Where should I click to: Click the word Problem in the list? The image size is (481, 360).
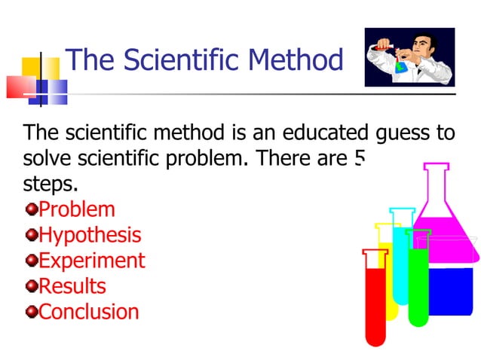pos(77,209)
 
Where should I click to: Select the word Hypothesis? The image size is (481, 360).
pos(90,235)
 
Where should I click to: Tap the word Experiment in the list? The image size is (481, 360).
pos(91,261)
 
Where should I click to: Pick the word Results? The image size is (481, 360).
pos(72,286)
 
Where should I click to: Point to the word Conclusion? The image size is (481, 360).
pos(89,312)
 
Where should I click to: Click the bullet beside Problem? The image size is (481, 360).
pos(31,209)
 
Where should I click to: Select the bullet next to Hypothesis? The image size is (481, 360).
pos(31,235)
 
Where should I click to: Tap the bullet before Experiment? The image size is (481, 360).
pos(31,261)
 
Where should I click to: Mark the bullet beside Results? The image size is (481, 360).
pos(31,286)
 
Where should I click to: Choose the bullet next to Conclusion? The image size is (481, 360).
pos(31,312)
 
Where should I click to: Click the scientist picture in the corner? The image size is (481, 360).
pos(409,57)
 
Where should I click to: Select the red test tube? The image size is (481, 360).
pos(375,301)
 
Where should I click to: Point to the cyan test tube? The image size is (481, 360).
pos(401,256)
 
